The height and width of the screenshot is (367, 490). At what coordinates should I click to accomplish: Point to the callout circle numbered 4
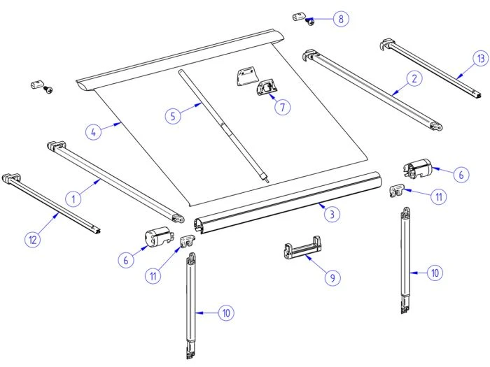[x=92, y=131]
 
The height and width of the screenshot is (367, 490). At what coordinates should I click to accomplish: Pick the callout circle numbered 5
[x=173, y=115]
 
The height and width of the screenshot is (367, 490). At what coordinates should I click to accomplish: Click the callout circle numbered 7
[x=282, y=107]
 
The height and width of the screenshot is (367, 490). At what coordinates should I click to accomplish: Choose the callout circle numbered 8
[x=340, y=19]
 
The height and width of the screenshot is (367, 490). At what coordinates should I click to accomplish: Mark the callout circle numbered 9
[x=333, y=278]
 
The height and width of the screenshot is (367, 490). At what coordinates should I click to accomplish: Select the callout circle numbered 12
[x=32, y=240]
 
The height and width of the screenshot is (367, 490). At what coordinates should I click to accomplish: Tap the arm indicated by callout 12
[x=52, y=203]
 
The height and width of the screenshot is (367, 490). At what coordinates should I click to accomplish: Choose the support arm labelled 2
[x=371, y=89]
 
